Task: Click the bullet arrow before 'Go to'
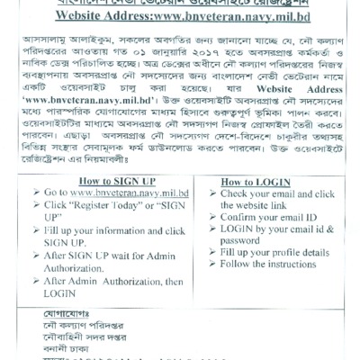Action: (x=37, y=193)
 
